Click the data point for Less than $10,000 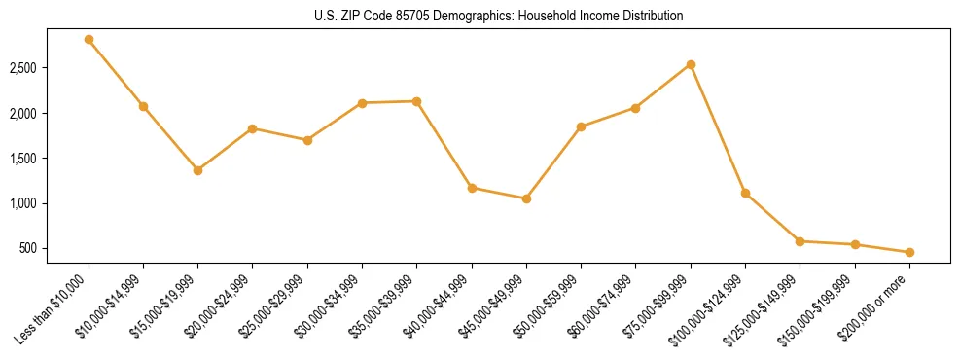(x=89, y=40)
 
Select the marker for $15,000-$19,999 (x=197, y=170)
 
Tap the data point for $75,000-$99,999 (x=691, y=65)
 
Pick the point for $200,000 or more (x=909, y=252)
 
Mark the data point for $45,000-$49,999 (x=526, y=198)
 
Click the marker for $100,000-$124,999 (x=745, y=193)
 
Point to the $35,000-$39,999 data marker (x=416, y=101)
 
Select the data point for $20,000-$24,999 (x=253, y=128)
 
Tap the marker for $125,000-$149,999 (x=800, y=241)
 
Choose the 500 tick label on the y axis (x=29, y=249)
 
